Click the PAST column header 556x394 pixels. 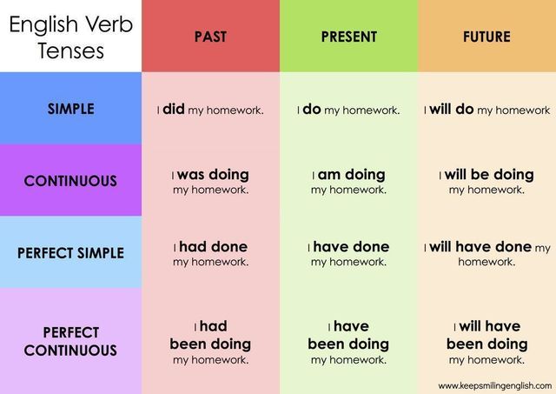coord(210,37)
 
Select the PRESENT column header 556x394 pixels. coord(349,37)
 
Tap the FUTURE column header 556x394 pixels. coord(486,37)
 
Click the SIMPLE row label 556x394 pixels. coord(71,109)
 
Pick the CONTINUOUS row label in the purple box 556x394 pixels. coord(70,181)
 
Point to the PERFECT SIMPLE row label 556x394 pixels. coord(71,253)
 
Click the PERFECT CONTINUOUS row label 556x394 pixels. coord(70,342)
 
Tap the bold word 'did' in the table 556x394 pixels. coord(174,109)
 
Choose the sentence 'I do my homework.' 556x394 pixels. coord(348,110)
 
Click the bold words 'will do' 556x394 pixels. coord(452,109)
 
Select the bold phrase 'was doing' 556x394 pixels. coord(213,175)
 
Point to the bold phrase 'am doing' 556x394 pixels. coord(351,175)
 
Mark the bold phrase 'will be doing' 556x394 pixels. coord(489,175)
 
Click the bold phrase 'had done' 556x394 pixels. coord(214,247)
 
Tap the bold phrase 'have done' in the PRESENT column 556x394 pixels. coord(351,247)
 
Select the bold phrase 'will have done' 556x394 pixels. coord(480,247)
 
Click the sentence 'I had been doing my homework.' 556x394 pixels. coord(210,342)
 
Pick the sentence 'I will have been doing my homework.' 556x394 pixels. coord(487,342)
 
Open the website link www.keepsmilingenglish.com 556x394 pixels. coord(495,386)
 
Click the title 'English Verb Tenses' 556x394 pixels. coord(71,37)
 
